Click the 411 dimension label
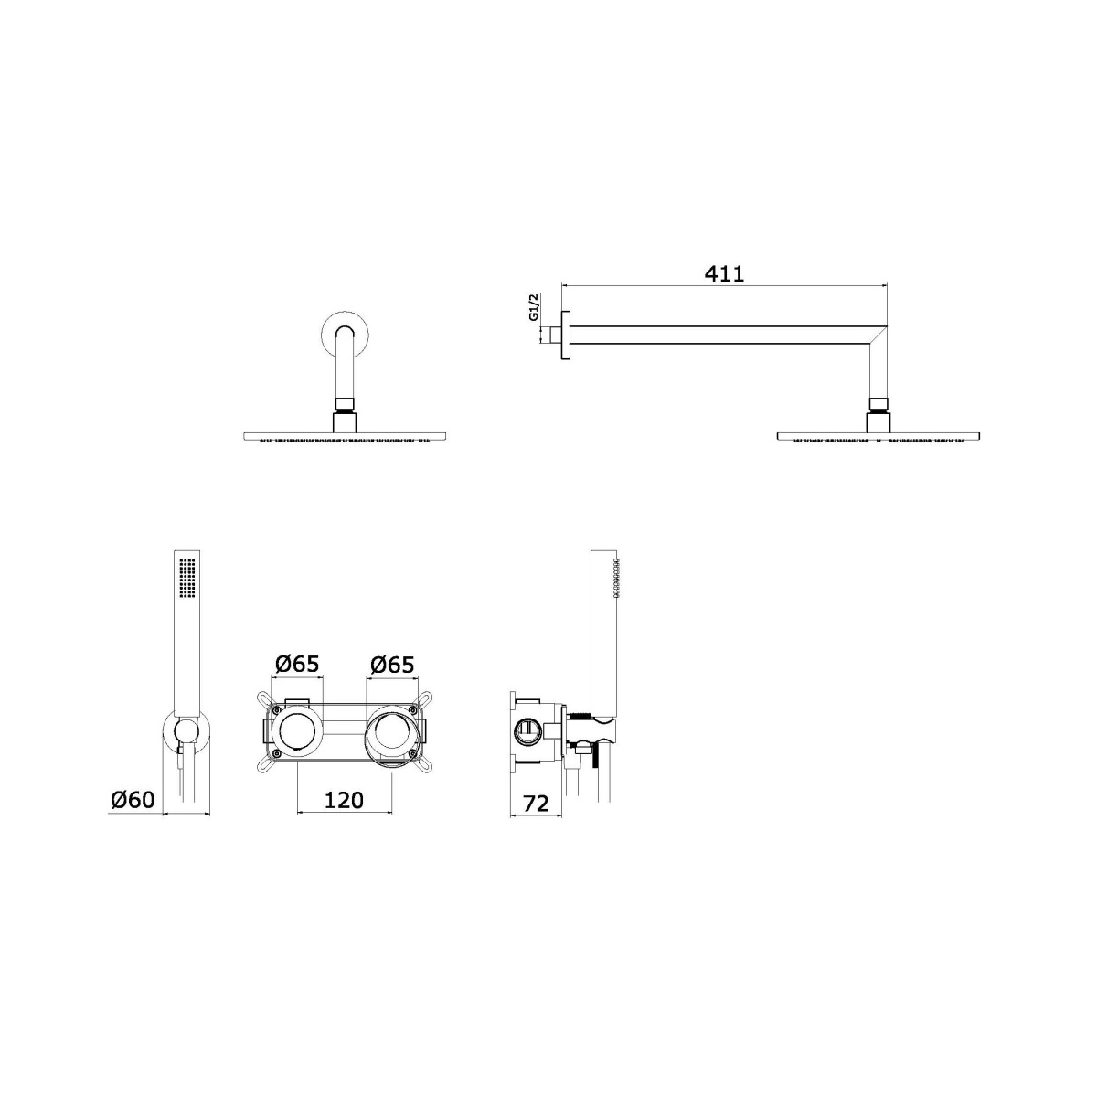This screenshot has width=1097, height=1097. (724, 274)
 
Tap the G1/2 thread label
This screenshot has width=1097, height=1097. (534, 307)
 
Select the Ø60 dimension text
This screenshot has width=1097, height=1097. (133, 800)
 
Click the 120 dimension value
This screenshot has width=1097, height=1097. (344, 801)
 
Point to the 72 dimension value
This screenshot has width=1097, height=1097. (537, 804)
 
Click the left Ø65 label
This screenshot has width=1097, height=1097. (297, 664)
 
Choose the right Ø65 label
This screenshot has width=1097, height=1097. (391, 664)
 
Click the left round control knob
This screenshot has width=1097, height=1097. (297, 731)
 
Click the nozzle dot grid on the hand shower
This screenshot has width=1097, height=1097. (187, 577)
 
